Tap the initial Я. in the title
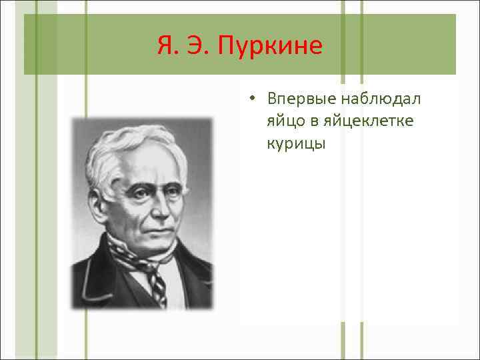click(167, 46)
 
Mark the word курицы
click(296, 144)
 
